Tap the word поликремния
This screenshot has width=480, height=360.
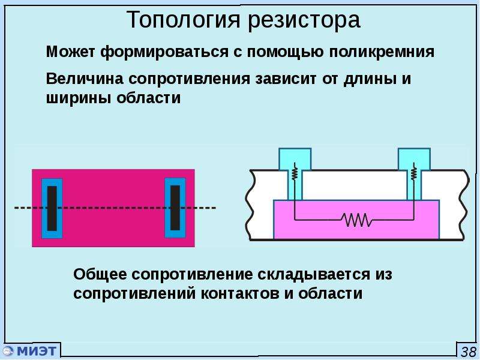(x=382, y=52)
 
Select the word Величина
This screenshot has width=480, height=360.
(x=85, y=79)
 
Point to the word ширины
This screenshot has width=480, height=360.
(x=79, y=98)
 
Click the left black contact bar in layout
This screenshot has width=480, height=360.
(x=52, y=208)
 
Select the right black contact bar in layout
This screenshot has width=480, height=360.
(x=175, y=208)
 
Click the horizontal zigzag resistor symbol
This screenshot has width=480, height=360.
(x=356, y=220)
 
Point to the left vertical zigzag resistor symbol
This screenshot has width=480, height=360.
(x=295, y=173)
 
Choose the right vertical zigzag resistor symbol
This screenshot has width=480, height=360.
(x=413, y=173)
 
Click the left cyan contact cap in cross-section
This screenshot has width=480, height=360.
(x=295, y=159)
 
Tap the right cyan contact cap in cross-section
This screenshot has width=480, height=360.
(x=414, y=159)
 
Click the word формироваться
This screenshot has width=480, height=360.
(x=164, y=52)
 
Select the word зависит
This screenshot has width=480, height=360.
(x=286, y=79)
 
